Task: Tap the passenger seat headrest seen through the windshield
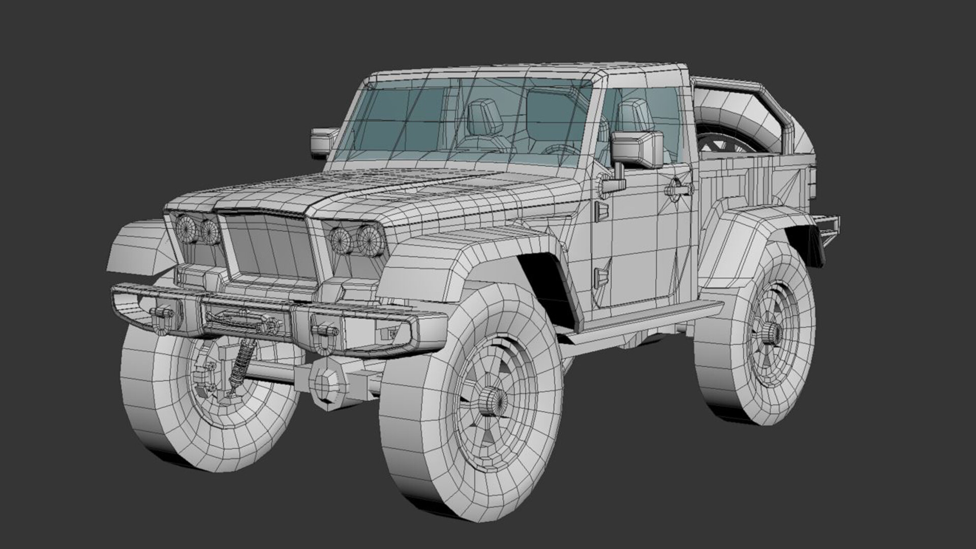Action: (x=483, y=114)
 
